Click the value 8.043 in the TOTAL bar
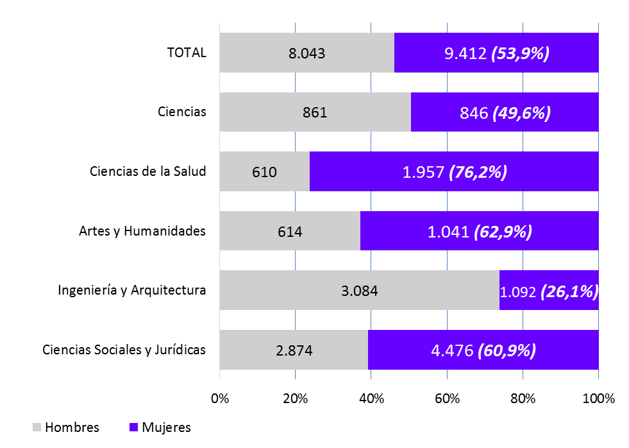coord(306,53)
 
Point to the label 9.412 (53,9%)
coord(497,53)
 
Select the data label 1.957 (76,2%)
coord(455,172)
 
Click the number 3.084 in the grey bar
coord(359,291)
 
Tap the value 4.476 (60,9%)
coord(482,350)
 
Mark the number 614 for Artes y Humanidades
coord(289,232)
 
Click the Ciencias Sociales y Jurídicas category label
coord(124,350)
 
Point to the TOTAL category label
coord(187,53)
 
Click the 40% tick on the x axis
coord(371,399)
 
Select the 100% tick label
coord(598,399)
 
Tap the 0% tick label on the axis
coord(220,399)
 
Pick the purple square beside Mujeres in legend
coord(133,427)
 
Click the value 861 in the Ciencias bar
coord(315,113)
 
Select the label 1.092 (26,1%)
coord(549,291)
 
